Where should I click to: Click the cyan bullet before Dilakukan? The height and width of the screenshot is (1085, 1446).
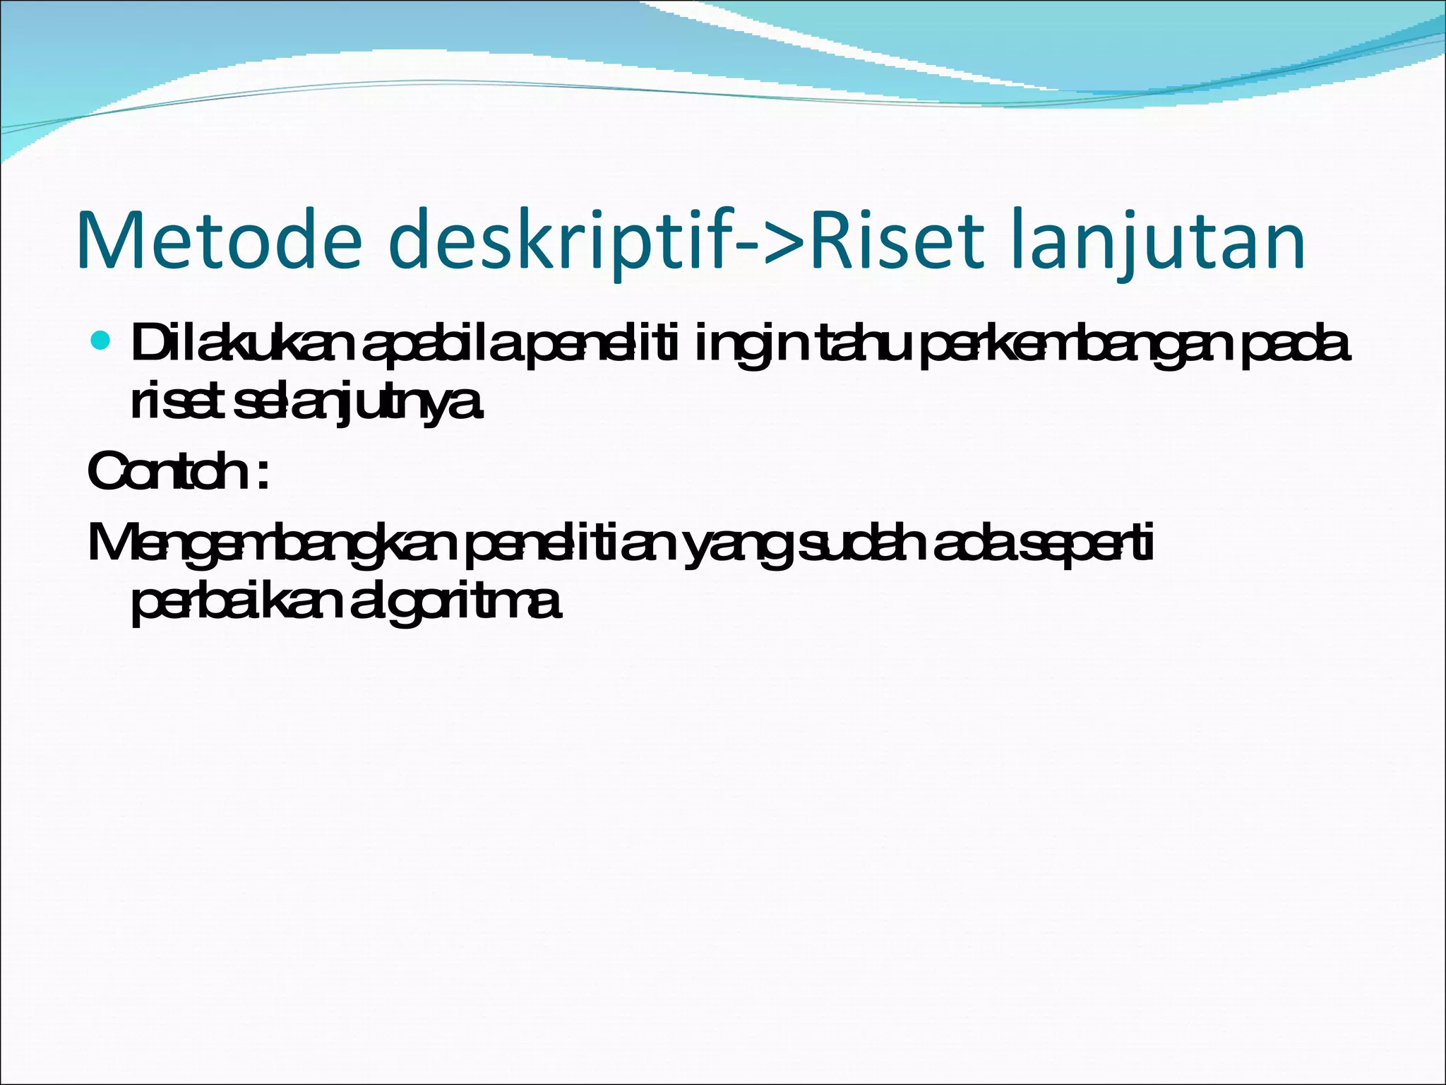[102, 342]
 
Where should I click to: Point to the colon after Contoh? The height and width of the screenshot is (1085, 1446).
[263, 475]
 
